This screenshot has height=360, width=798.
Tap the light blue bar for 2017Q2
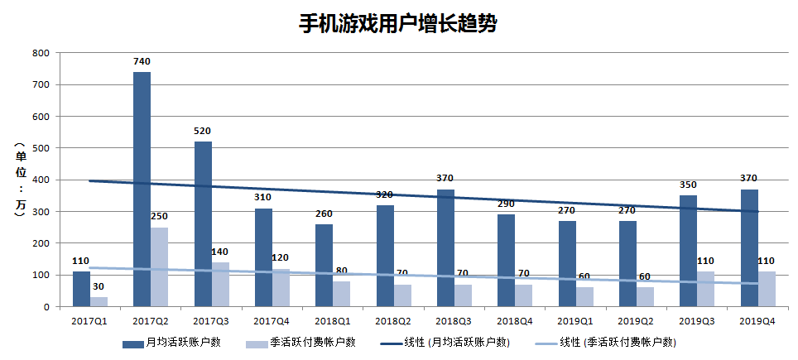coord(160,266)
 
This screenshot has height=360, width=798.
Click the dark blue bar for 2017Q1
coord(81,289)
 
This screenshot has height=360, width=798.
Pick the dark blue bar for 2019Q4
coord(749,247)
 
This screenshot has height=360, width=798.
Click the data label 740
coord(142,61)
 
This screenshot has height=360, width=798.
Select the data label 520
coord(203,131)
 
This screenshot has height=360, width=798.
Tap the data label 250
coord(160,217)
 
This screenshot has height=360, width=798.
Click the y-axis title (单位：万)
coord(18,180)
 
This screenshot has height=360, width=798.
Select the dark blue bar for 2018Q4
coord(507,260)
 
